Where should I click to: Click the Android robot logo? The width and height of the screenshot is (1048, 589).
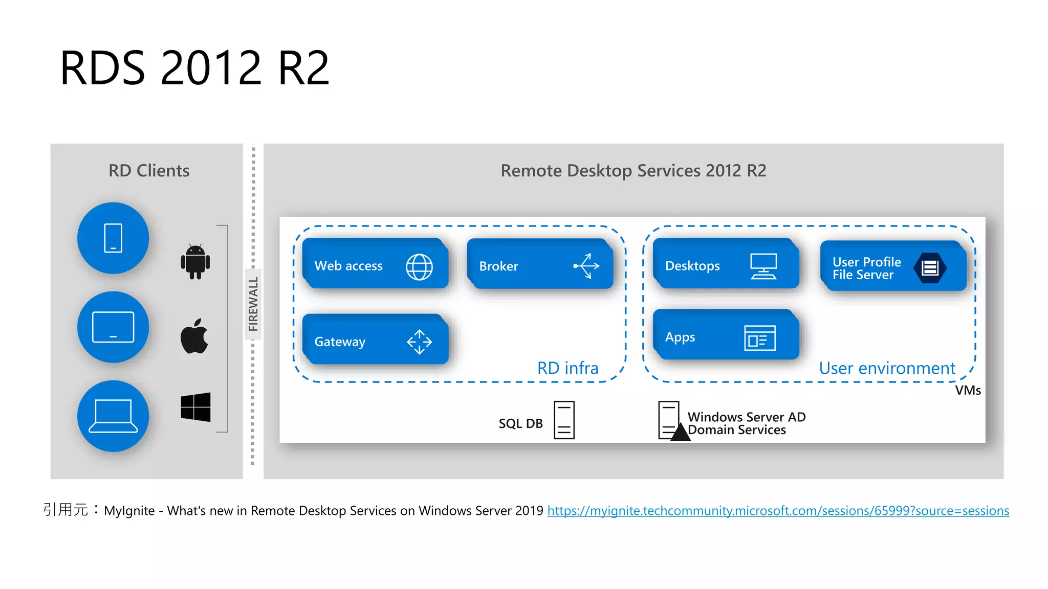pyautogui.click(x=195, y=262)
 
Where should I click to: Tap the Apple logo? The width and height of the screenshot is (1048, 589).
pyautogui.click(x=194, y=336)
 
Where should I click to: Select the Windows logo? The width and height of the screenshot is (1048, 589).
pyautogui.click(x=195, y=407)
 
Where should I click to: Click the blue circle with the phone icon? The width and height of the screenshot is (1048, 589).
pyautogui.click(x=113, y=238)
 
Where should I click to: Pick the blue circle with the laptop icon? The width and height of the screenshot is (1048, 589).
pyautogui.click(x=113, y=416)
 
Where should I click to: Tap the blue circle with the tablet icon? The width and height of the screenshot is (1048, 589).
pyautogui.click(x=113, y=327)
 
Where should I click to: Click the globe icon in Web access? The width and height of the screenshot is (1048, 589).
pyautogui.click(x=419, y=267)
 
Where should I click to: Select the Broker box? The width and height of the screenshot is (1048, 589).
pyautogui.click(x=540, y=265)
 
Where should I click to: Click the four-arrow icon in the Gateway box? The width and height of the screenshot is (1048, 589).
pyautogui.click(x=419, y=342)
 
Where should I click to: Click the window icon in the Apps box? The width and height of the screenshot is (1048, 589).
pyautogui.click(x=759, y=338)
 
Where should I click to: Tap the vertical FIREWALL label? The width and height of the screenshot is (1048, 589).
pyautogui.click(x=253, y=304)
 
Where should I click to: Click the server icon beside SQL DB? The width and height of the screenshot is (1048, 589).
pyautogui.click(x=564, y=420)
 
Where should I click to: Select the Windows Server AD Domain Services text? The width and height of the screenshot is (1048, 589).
pyautogui.click(x=746, y=423)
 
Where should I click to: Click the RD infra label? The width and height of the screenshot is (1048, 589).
pyautogui.click(x=567, y=368)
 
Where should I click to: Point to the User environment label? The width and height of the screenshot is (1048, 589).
pyautogui.click(x=887, y=368)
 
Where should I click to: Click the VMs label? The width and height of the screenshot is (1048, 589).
pyautogui.click(x=968, y=391)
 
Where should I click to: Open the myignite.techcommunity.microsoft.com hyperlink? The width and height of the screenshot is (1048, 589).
pyautogui.click(x=778, y=511)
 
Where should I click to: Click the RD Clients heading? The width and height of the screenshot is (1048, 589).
pyautogui.click(x=149, y=171)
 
